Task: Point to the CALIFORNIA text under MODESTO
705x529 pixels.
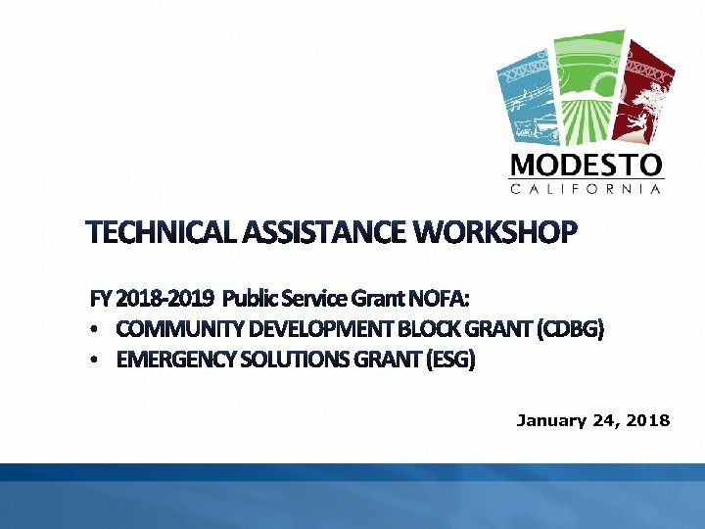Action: tap(587, 188)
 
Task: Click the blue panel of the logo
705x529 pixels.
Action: tap(527, 93)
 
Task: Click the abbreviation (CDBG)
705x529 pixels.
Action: tap(571, 329)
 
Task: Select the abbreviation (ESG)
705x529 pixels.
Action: tap(451, 361)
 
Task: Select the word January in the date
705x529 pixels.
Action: tap(550, 420)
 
